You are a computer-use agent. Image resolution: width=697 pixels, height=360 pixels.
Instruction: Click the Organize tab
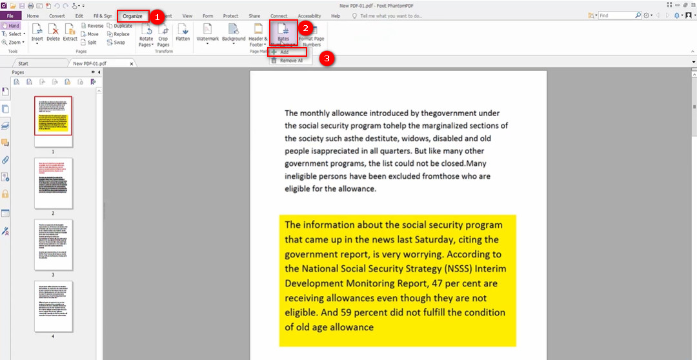[132, 16]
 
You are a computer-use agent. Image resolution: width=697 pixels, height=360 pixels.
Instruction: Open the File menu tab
[10, 16]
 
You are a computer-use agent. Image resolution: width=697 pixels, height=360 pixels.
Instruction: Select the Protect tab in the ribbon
[230, 16]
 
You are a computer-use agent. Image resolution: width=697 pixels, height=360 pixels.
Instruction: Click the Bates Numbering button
[283, 34]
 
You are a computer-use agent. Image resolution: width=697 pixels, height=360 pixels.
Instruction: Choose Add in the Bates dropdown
[284, 52]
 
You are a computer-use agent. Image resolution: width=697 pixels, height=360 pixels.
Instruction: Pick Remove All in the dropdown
[290, 61]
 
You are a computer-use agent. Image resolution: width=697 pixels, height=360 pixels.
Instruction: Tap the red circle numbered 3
[327, 58]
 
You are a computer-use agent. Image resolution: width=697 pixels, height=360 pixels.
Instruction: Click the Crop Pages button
[163, 34]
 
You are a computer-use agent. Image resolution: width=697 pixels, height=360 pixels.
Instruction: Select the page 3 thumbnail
[54, 245]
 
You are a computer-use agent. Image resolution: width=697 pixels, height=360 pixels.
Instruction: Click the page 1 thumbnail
[54, 116]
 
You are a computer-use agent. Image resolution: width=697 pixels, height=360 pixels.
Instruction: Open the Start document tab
[23, 64]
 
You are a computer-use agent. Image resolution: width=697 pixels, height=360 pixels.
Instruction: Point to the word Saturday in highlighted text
[461, 239]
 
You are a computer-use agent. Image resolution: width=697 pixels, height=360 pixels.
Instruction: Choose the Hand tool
[11, 25]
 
